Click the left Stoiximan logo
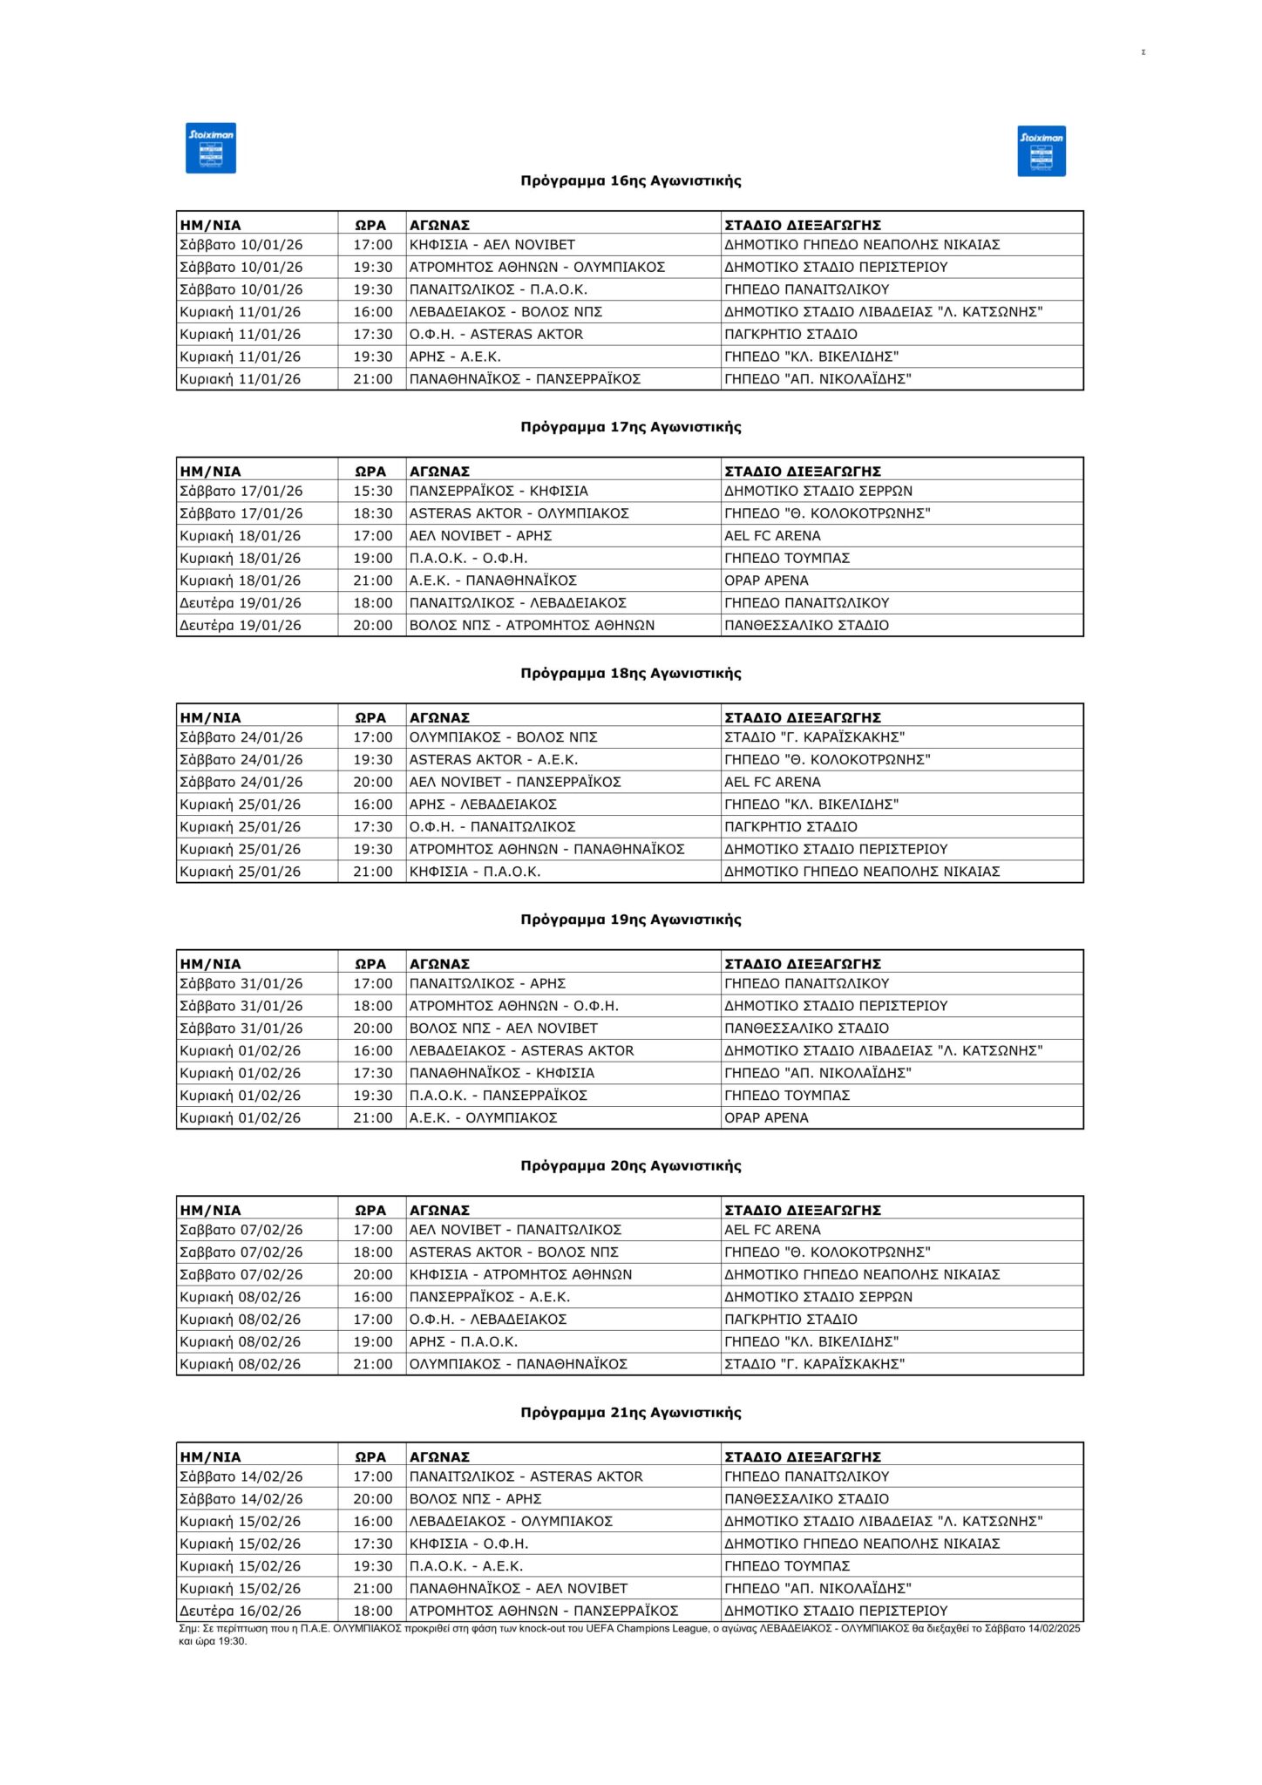click(x=211, y=148)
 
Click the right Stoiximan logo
click(x=1041, y=151)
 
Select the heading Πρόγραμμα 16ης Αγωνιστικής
click(x=631, y=181)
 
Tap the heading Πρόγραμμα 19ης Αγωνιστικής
click(x=631, y=920)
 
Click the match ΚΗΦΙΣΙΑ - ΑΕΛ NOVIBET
click(x=492, y=245)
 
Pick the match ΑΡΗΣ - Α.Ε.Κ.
click(x=455, y=356)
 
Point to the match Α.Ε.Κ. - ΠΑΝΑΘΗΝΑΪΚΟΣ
click(x=493, y=580)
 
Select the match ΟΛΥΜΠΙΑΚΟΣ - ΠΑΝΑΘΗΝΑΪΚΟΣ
click(x=519, y=1364)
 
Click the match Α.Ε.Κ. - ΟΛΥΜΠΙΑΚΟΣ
click(x=483, y=1117)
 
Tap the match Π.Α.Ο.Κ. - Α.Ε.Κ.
click(x=466, y=1566)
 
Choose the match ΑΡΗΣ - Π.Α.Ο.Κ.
click(x=464, y=1341)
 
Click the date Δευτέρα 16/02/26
click(x=241, y=1611)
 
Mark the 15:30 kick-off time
click(x=373, y=492)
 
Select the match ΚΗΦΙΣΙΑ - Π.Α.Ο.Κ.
click(x=475, y=872)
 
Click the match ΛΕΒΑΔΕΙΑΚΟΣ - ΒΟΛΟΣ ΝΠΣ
click(x=505, y=312)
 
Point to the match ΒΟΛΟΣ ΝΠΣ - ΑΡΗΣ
click(x=476, y=1499)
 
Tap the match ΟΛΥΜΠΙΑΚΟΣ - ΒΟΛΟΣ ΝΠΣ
click(x=504, y=737)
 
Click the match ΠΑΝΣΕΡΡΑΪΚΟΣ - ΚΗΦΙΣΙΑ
click(x=499, y=492)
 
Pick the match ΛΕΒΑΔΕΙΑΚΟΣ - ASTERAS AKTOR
click(x=522, y=1050)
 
